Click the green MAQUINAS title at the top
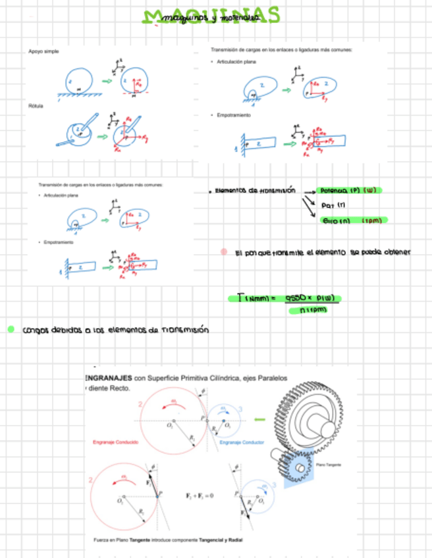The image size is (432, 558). tap(211, 16)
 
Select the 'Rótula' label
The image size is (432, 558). tap(36, 105)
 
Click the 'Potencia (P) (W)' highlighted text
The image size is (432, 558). tap(348, 191)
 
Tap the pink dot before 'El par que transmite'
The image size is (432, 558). tap(225, 251)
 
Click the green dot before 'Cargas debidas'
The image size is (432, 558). tap(11, 329)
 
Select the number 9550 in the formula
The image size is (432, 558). tap(298, 298)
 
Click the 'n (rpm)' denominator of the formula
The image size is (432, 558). tap(313, 309)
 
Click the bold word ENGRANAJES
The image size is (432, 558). tap(109, 378)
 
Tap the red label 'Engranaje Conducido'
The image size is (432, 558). tap(116, 442)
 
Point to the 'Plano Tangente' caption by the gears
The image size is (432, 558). tap(329, 465)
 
